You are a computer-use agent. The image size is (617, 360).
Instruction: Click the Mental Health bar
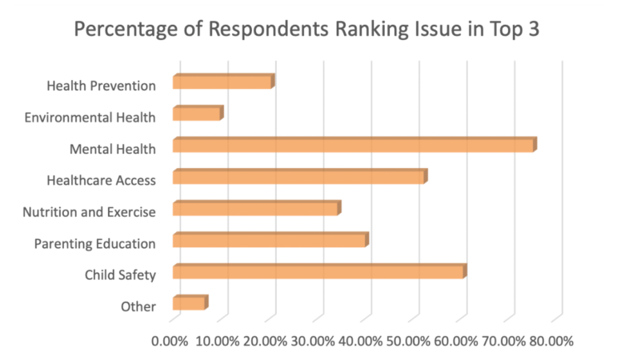pos(354,145)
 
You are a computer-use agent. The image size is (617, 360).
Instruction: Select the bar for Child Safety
pos(319,272)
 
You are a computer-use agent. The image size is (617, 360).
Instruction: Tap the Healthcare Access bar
pos(299,177)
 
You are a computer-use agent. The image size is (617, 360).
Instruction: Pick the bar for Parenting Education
pos(270,240)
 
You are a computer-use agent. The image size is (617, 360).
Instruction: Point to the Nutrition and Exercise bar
pos(256,209)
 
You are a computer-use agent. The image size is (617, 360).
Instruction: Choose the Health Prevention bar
pos(222,82)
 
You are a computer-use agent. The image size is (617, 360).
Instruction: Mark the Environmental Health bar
pos(197,114)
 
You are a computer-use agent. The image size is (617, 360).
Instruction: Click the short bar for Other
pos(190,303)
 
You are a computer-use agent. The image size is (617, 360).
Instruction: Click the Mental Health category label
pos(112,148)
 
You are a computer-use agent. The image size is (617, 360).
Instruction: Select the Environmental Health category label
pos(90,117)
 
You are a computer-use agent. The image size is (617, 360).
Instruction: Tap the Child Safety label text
pos(120,275)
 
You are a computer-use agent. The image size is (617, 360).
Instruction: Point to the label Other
pos(138,306)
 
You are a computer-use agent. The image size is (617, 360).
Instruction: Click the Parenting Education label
pos(94,243)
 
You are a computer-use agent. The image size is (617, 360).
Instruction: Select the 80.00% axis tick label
pos(551,340)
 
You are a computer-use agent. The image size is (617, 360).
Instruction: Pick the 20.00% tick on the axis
pos(264,340)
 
